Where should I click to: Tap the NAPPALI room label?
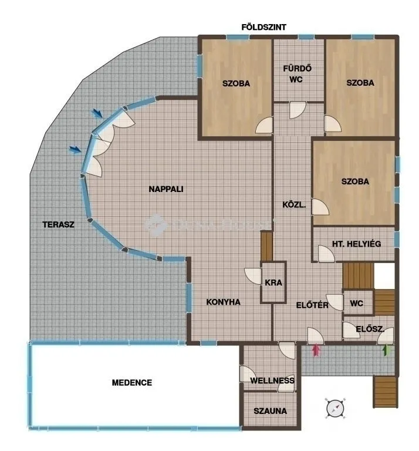pyautogui.click(x=166, y=189)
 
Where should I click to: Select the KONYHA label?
pyautogui.click(x=224, y=302)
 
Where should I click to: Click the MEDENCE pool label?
pyautogui.click(x=132, y=383)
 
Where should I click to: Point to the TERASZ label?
pyautogui.click(x=58, y=224)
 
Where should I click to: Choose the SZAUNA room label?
pyautogui.click(x=270, y=411)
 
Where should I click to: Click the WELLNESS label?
pyautogui.click(x=272, y=381)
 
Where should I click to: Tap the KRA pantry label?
pyautogui.click(x=273, y=282)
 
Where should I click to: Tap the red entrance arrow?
pyautogui.click(x=316, y=351)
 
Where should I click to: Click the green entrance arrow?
pyautogui.click(x=386, y=351)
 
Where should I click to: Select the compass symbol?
pyautogui.click(x=335, y=407)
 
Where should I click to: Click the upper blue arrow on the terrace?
pyautogui.click(x=97, y=114)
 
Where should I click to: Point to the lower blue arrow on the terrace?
pyautogui.click(x=75, y=150)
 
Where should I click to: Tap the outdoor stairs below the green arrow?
pyautogui.click(x=385, y=391)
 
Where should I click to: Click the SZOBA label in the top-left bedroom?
pyautogui.click(x=236, y=83)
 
